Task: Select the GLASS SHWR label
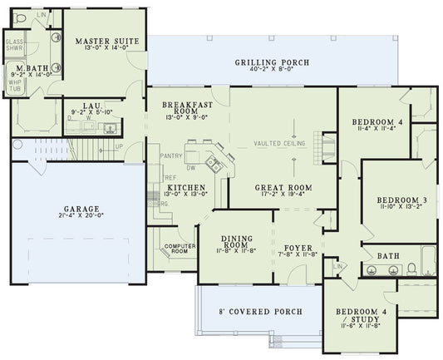[14, 44]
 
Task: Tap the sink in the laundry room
[109, 127]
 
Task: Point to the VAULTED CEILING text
[279, 144]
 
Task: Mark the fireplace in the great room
[327, 148]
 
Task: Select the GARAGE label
[81, 209]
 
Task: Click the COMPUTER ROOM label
[179, 249]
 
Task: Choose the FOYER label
[297, 248]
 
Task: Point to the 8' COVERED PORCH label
[260, 313]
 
